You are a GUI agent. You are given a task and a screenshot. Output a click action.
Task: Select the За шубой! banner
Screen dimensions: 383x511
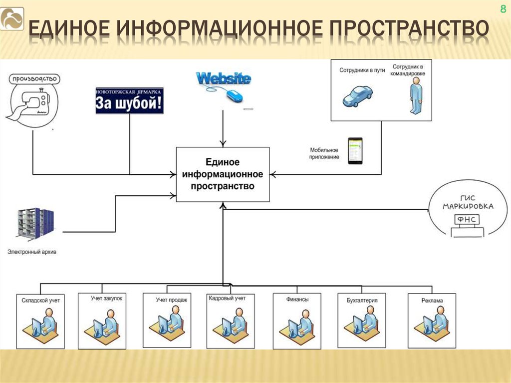[x=129, y=101]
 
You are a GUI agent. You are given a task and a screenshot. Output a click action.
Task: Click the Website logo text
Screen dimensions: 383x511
[x=223, y=78]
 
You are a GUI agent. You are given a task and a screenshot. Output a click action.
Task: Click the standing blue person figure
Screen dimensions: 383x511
[x=415, y=96]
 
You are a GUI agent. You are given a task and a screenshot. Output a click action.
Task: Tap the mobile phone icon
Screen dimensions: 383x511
[x=355, y=151]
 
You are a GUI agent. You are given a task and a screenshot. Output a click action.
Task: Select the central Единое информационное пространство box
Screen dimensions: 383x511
[x=223, y=174]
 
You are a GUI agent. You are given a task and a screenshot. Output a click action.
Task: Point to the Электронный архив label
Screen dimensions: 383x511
[x=32, y=252]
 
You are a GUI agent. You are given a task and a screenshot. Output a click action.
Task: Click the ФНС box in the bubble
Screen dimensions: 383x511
[x=465, y=220]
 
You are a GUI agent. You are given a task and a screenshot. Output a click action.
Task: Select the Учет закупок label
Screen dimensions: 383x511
[x=106, y=298]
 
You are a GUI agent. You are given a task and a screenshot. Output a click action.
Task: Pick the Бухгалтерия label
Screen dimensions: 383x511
[x=362, y=300]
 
